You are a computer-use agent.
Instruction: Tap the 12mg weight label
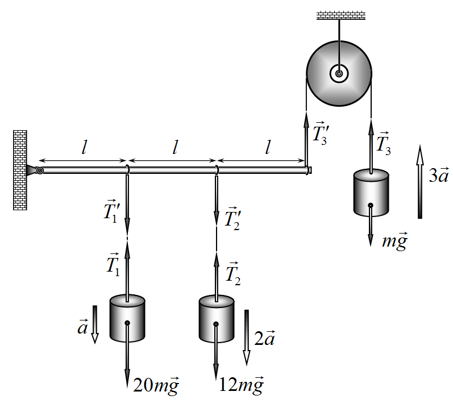coord(242,385)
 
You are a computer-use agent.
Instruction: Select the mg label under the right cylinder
coord(395,241)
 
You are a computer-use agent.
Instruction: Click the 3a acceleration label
coord(439,174)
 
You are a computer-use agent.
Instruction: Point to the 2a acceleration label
coord(265,338)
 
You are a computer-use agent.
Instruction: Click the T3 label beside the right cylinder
coord(384,144)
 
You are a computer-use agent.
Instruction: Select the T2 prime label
coord(233,219)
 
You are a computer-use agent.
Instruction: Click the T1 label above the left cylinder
coord(113,265)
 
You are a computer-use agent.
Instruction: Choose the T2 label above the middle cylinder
coord(233,274)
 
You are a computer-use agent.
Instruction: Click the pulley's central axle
coord(339,74)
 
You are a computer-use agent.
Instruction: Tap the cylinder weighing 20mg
coord(127,318)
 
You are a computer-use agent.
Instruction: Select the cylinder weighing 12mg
coord(217,319)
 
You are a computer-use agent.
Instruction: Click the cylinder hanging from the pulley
coord(371,193)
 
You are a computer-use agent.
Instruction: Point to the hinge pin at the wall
coord(40,170)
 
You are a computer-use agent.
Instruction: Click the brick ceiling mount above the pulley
coord(341,15)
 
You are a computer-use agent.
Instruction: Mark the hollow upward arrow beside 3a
coord(420,182)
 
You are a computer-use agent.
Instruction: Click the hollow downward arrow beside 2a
coord(247,338)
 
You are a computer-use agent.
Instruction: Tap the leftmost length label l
coord(84,147)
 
